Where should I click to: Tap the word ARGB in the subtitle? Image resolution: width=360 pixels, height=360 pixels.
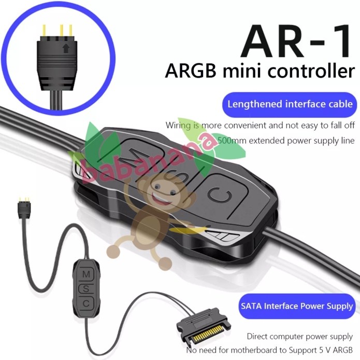tap(187, 70)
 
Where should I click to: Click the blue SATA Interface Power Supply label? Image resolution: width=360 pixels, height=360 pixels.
tap(296, 306)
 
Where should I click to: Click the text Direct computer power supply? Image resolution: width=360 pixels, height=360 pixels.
tap(300, 336)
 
